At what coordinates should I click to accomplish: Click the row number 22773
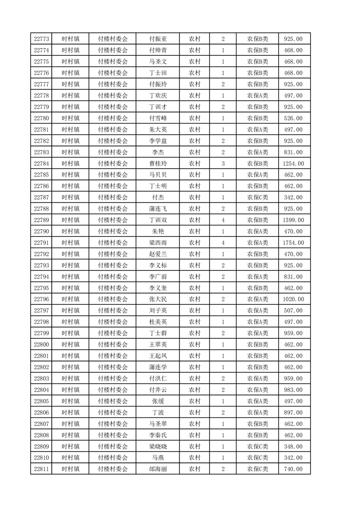[41, 39]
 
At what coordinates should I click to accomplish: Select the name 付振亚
[158, 39]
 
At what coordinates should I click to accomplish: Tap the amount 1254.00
[293, 164]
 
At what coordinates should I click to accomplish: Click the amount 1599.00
[293, 220]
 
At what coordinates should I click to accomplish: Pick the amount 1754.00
[293, 243]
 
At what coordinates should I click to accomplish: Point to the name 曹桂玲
[158, 164]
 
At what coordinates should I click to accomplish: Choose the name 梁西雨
[158, 243]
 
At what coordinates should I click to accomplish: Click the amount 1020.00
[293, 299]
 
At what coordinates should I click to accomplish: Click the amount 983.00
[293, 390]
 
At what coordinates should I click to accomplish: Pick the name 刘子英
[158, 311]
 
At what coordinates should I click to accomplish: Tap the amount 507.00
[293, 311]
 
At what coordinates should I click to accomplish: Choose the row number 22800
[41, 344]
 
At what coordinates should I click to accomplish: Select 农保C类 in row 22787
[257, 197]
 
